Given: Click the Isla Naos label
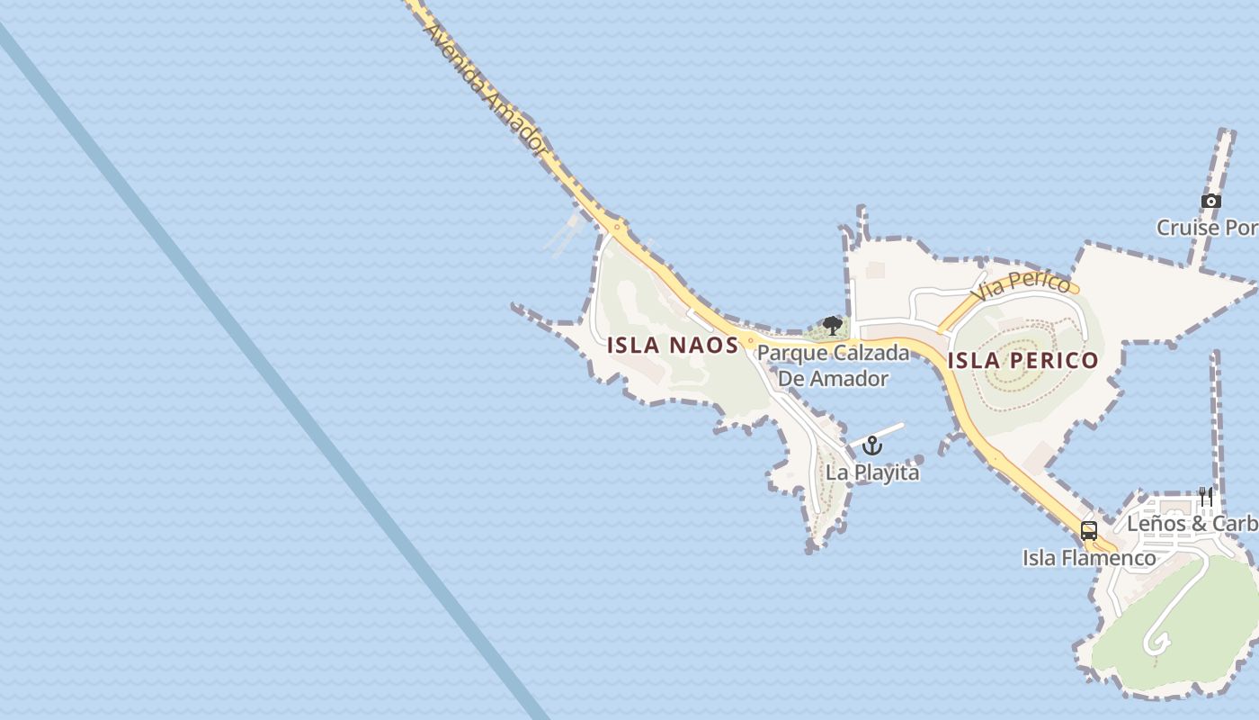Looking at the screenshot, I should coord(673,345).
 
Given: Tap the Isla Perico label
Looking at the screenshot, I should coord(1022,361).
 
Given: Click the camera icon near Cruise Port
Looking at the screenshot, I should coord(1211,201).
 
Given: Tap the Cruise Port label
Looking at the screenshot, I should coord(1207,228).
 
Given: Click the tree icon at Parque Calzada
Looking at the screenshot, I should coord(833,325).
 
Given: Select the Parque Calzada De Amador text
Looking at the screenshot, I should coord(833,364).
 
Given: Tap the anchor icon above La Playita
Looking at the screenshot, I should coord(872,445).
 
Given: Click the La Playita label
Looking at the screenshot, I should coord(872,472).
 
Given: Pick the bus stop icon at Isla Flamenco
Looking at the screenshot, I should coord(1089,531).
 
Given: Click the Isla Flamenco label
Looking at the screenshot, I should coord(1089,558).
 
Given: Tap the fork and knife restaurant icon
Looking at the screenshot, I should coord(1206,497).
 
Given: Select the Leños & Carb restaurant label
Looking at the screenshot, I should coord(1192,524).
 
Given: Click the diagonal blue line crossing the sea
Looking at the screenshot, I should coord(270,360).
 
